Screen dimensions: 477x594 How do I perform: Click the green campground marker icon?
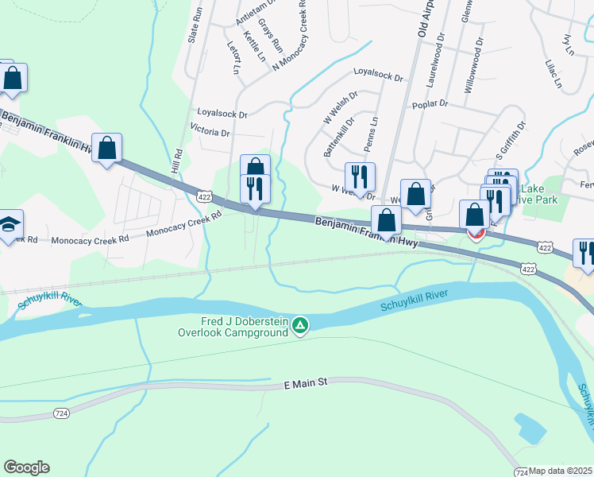point(300,326)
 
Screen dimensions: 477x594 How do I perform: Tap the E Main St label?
point(306,385)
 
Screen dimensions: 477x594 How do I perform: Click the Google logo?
point(26,467)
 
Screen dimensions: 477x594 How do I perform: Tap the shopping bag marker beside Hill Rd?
point(107,148)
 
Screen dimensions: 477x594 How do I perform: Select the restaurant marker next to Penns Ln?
point(360,177)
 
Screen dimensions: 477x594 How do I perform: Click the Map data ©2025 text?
point(561,471)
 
